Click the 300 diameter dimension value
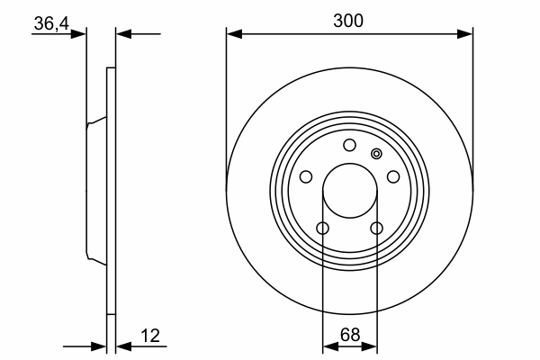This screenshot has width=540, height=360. click(x=348, y=21)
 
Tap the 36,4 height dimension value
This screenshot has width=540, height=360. click(x=51, y=23)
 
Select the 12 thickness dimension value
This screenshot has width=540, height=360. click(x=150, y=336)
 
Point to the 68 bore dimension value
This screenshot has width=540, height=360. click(x=350, y=335)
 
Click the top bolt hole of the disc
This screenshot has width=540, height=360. click(x=349, y=145)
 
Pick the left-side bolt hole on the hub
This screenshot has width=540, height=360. click(x=306, y=176)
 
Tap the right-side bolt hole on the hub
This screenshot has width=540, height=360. click(x=393, y=176)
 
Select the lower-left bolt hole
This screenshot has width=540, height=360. click(x=323, y=228)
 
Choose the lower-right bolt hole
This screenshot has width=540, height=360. click(x=376, y=228)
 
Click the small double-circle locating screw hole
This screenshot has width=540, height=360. click(x=376, y=154)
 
